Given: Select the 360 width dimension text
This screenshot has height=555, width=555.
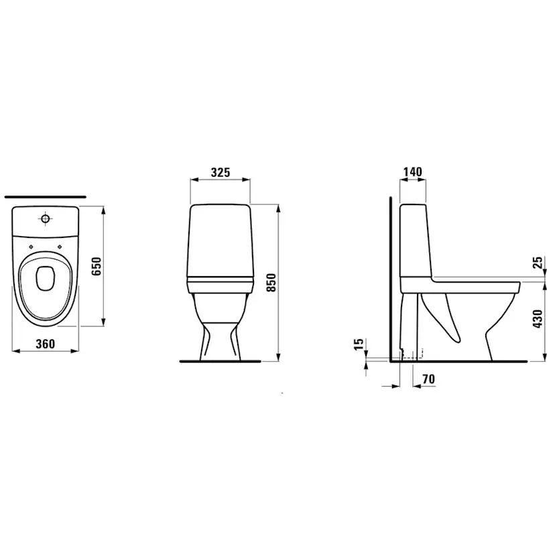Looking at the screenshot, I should point(44,344).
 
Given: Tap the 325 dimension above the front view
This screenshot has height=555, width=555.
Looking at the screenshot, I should point(220,172).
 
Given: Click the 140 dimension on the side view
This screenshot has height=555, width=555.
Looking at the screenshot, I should point(413,172).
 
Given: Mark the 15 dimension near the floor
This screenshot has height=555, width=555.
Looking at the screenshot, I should point(359,345).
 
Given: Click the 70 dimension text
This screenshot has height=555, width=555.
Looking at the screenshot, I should point(429,379).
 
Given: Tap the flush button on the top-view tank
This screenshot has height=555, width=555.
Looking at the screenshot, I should point(45,219).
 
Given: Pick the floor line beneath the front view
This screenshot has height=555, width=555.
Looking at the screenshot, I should point(220,362).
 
